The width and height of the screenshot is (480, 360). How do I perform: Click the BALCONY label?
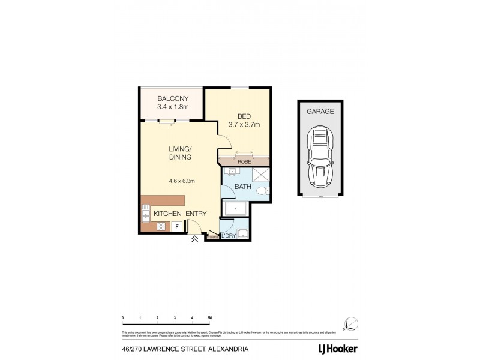point(173,98)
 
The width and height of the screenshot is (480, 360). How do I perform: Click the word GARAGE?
point(320,111)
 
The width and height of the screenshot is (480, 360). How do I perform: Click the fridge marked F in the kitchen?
point(177,226)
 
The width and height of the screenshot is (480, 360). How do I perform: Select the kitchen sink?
point(146,213)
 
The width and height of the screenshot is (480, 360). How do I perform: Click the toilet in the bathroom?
point(262,191)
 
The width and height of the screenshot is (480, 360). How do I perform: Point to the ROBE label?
point(243,161)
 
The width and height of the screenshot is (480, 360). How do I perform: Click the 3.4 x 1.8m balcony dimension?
point(173,107)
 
